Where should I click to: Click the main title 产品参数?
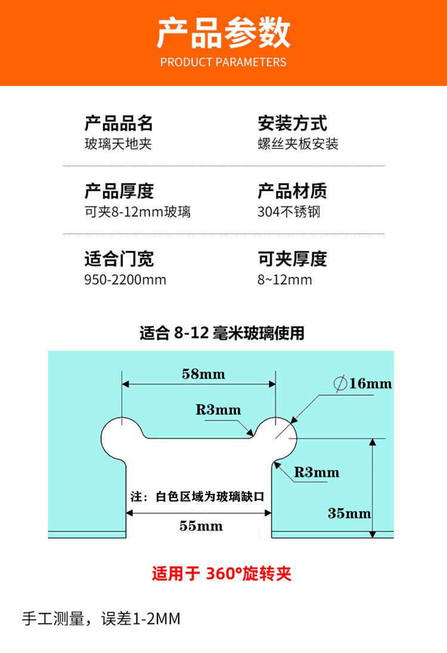pos(223,32)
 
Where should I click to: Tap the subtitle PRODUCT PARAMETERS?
pos(223,62)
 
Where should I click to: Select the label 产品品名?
pos(119,123)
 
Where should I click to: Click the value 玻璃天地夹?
pos(118,144)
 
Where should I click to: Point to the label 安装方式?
pos(292,123)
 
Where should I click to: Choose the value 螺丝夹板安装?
pos(298,144)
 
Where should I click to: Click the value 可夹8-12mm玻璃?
pos(137,212)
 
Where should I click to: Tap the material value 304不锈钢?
pos(289,212)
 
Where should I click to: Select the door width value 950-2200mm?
pos(125,279)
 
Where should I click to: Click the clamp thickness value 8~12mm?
pos(285,279)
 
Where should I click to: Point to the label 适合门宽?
pos(119,259)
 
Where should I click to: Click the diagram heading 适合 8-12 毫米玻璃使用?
pos(222,332)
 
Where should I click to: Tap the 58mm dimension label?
pos(203,374)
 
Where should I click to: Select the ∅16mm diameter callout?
pos(363,383)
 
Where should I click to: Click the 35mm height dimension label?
pos(349,513)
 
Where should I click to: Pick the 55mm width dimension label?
pos(201,525)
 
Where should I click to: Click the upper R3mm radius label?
pos(218,410)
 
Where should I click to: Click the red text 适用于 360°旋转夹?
pos(222,574)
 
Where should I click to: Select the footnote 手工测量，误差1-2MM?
pos(101,618)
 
